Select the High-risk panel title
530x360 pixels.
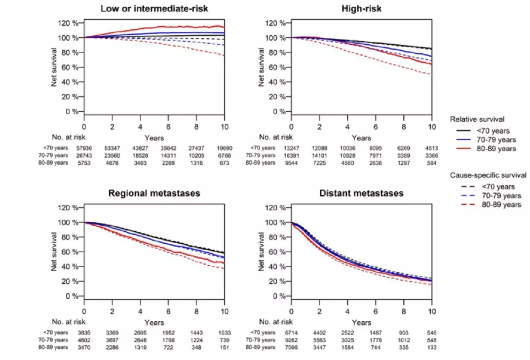coord(361,9)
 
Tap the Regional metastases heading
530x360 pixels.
coord(154,193)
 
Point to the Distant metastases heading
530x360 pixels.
coord(361,193)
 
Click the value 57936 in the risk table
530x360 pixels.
coord(84,148)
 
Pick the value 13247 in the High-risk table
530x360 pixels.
coord(291,148)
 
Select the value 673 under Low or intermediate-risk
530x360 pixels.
coord(224,162)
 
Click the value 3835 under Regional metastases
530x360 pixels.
coord(84,333)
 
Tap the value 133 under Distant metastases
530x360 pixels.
coord(432,347)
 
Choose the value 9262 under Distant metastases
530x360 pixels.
coord(291,340)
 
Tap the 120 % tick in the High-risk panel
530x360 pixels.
coord(276,23)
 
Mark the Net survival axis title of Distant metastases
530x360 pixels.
coord(262,252)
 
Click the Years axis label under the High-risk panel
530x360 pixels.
coord(361,138)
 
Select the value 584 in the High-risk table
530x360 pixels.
coord(432,162)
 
